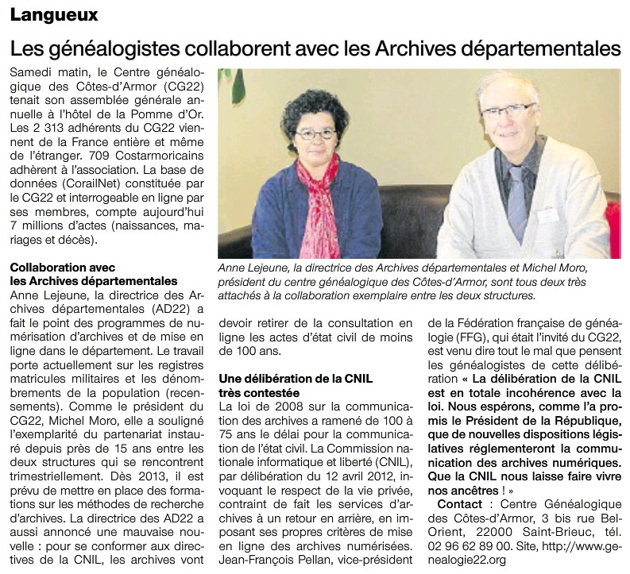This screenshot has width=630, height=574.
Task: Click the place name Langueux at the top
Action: [x=54, y=15]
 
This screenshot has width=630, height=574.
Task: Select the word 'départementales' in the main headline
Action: [x=544, y=48]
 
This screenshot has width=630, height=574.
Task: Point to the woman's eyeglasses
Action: [x=315, y=133]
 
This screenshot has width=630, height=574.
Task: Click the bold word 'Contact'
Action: [x=460, y=504]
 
